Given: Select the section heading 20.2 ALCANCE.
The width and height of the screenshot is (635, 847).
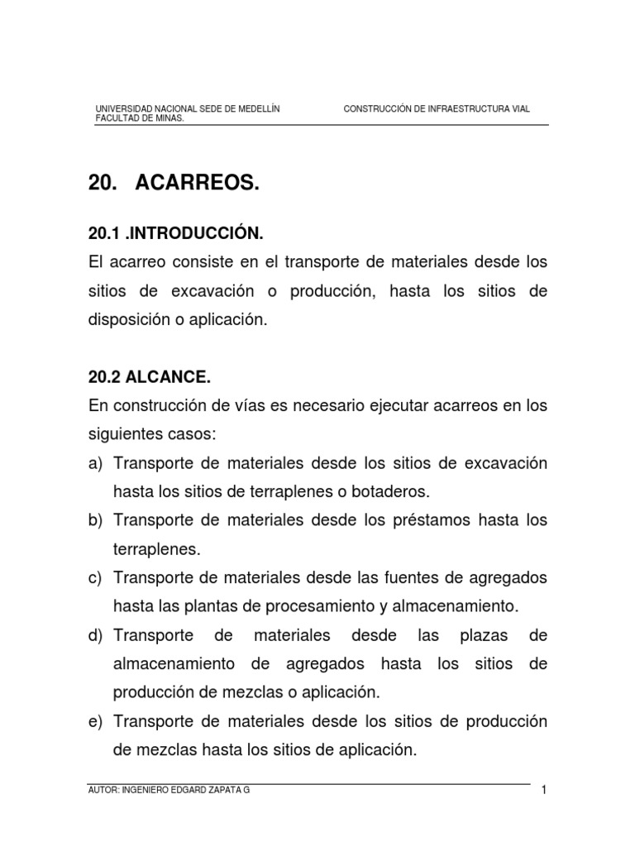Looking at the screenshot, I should [x=149, y=377].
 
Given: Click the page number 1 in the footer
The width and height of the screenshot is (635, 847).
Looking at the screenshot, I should [x=545, y=790].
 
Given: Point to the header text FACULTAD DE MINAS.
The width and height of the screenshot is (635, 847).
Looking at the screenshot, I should [x=140, y=117].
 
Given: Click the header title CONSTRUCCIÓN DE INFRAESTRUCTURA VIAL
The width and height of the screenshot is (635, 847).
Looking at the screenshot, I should [x=437, y=108].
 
